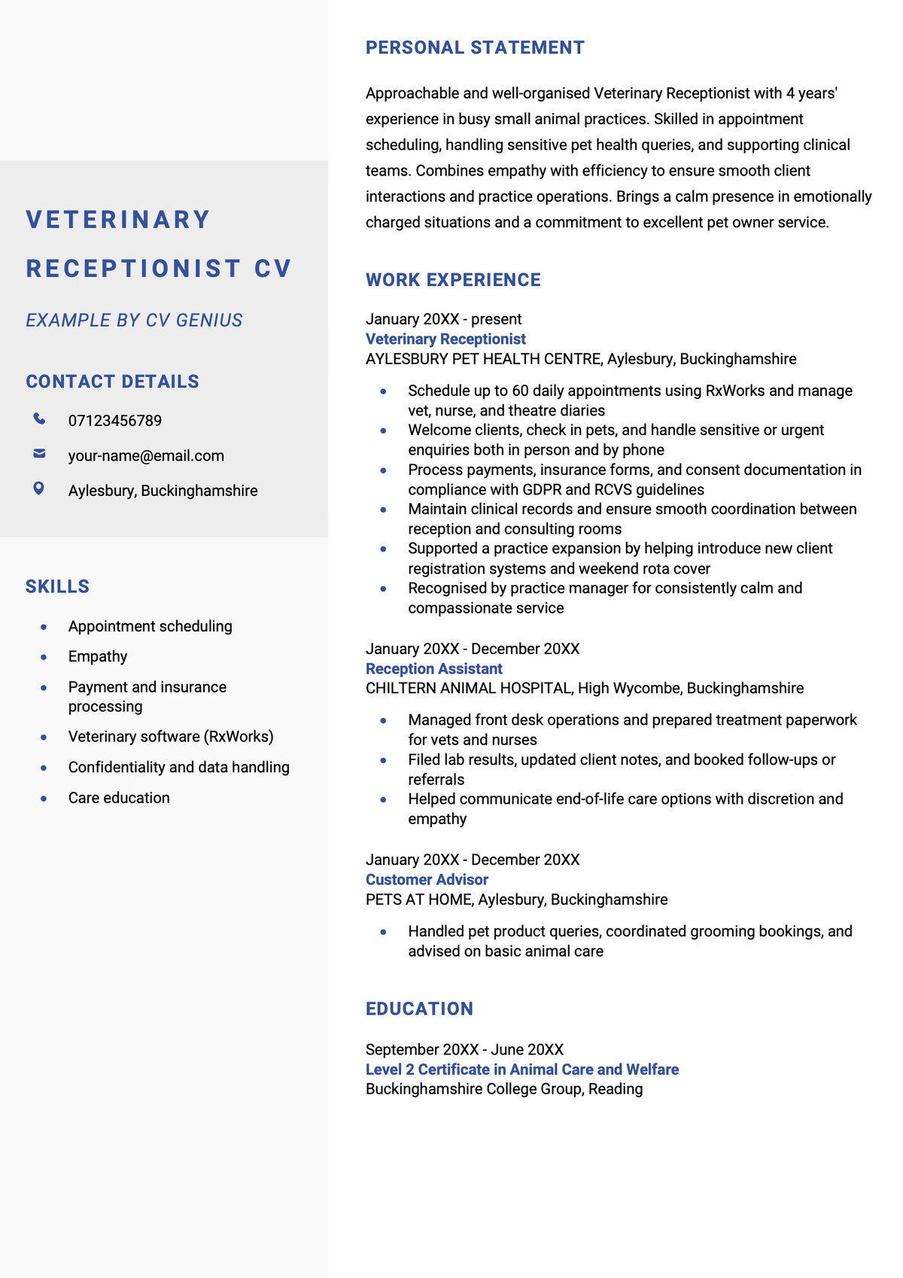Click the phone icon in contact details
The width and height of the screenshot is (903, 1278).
click(x=39, y=419)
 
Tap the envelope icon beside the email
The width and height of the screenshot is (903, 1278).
click(x=39, y=454)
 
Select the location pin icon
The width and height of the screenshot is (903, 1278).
click(x=39, y=489)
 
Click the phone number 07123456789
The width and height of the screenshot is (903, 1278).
click(x=115, y=421)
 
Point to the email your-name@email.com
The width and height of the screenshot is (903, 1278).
click(x=146, y=456)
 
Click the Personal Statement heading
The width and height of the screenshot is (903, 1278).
click(x=475, y=47)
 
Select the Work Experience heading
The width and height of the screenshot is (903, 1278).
click(x=453, y=280)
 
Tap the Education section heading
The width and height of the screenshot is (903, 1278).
click(x=419, y=1009)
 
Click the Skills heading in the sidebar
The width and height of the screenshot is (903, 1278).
click(x=57, y=586)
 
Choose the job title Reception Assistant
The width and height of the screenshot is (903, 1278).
click(x=434, y=668)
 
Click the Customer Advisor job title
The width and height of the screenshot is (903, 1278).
click(x=427, y=879)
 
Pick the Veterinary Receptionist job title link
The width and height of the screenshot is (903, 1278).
click(x=445, y=339)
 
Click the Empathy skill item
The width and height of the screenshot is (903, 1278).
click(x=98, y=656)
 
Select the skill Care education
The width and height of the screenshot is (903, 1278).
click(x=119, y=798)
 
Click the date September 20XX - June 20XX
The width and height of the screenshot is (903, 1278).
click(x=464, y=1049)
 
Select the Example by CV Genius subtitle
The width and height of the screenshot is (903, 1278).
click(x=134, y=321)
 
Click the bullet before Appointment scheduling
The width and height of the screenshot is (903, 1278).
click(x=44, y=626)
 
